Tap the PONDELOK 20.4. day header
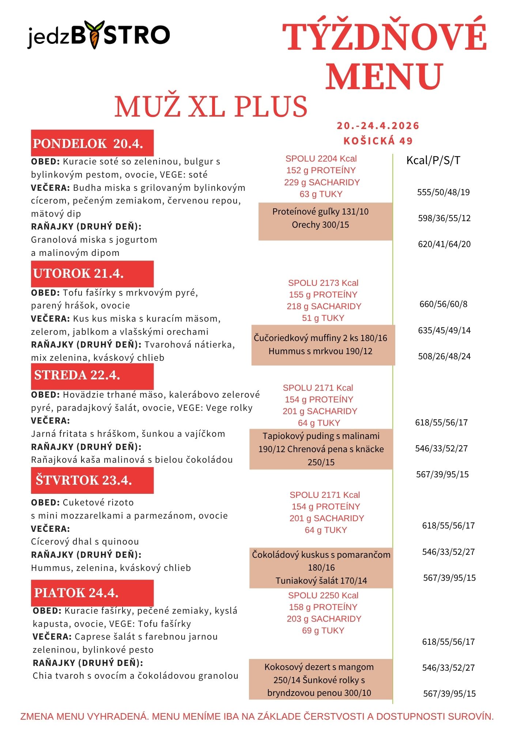tap(92, 143)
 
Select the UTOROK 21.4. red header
tap(92, 273)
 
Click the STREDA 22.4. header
tap(92, 375)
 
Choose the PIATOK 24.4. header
tap(92, 592)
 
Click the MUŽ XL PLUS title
tap(211, 107)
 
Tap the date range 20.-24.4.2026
tap(378, 126)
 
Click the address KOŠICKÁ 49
tap(378, 141)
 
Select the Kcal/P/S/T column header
tap(433, 160)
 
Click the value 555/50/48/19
tap(444, 192)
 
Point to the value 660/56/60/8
tap(444, 304)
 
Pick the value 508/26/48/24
tap(444, 356)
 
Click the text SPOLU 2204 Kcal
tap(321, 159)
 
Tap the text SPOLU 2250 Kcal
tap(323, 595)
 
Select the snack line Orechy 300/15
tap(320, 225)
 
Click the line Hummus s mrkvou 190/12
tap(320, 351)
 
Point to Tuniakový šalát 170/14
tap(321, 581)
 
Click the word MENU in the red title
tap(384, 76)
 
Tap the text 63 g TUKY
tap(321, 194)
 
